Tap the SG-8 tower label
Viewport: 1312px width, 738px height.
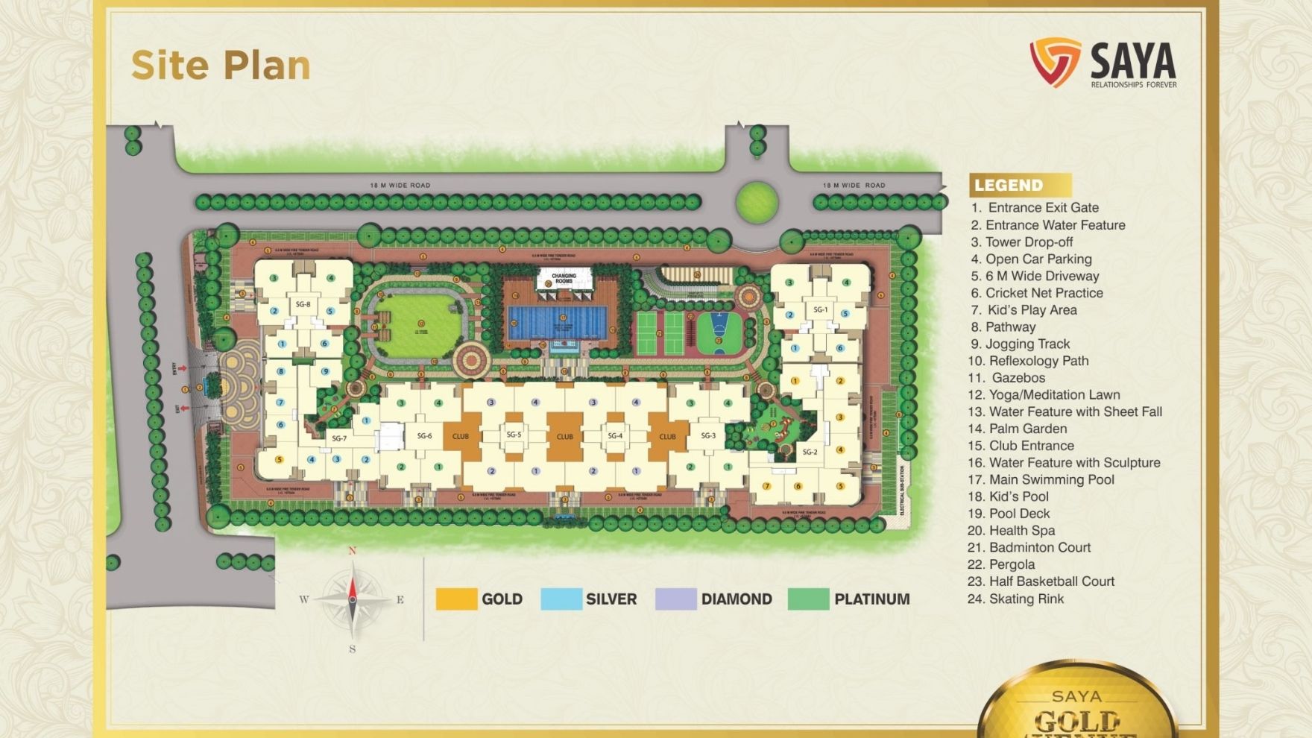[x=303, y=304]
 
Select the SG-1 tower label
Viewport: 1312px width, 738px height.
[x=820, y=309]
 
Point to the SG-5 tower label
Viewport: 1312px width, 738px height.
[x=514, y=435]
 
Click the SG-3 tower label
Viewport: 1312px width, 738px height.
[x=707, y=435]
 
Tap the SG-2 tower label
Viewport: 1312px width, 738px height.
[x=810, y=452]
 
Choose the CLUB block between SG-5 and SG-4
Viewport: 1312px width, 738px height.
[x=564, y=436]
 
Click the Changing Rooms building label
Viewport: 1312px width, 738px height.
[x=564, y=279]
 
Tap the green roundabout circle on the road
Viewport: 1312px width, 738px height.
[x=757, y=201]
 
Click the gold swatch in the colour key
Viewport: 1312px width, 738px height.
[x=456, y=599]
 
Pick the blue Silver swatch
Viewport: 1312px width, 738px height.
[x=561, y=599]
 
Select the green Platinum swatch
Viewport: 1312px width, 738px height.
[x=808, y=599]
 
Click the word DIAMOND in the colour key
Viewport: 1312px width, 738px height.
[x=736, y=599]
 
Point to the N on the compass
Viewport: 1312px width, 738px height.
[x=353, y=551]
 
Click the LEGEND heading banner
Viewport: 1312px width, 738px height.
[x=1019, y=185]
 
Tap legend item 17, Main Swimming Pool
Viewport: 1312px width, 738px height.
[x=1041, y=479]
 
